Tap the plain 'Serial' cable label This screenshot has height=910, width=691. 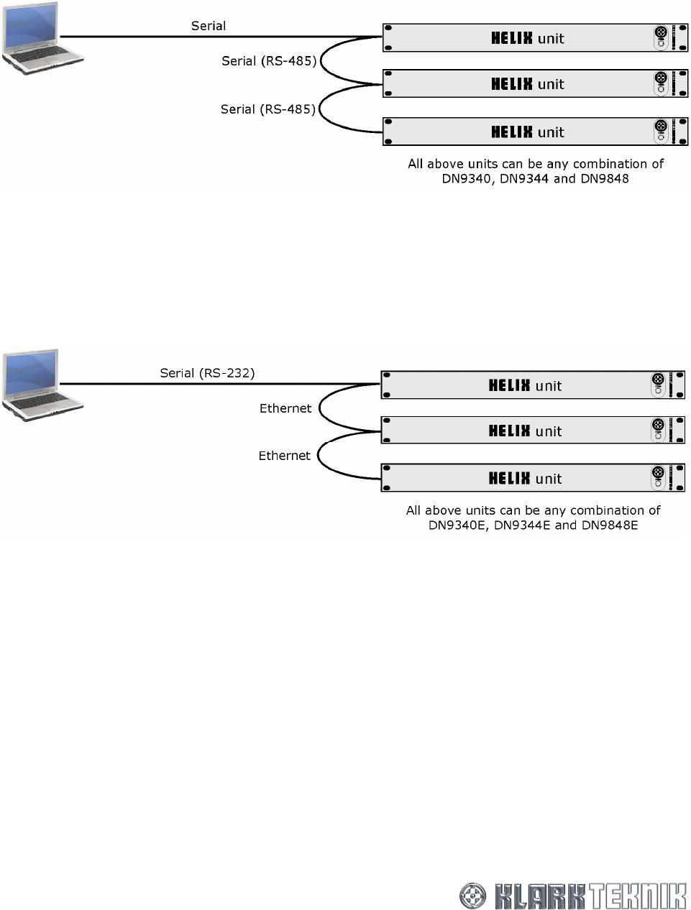[x=209, y=26]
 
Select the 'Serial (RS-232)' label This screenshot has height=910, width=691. [x=207, y=373]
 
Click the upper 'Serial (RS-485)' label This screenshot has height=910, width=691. [x=269, y=61]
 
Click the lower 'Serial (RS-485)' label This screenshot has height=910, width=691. [x=267, y=109]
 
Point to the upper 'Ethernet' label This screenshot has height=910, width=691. [x=285, y=408]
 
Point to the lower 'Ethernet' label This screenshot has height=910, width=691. [x=285, y=456]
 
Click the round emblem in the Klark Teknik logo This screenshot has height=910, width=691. [x=474, y=896]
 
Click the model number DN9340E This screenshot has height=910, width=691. [x=458, y=525]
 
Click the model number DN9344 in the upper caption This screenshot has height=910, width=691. [x=524, y=179]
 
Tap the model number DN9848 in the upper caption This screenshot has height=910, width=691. [x=604, y=179]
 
